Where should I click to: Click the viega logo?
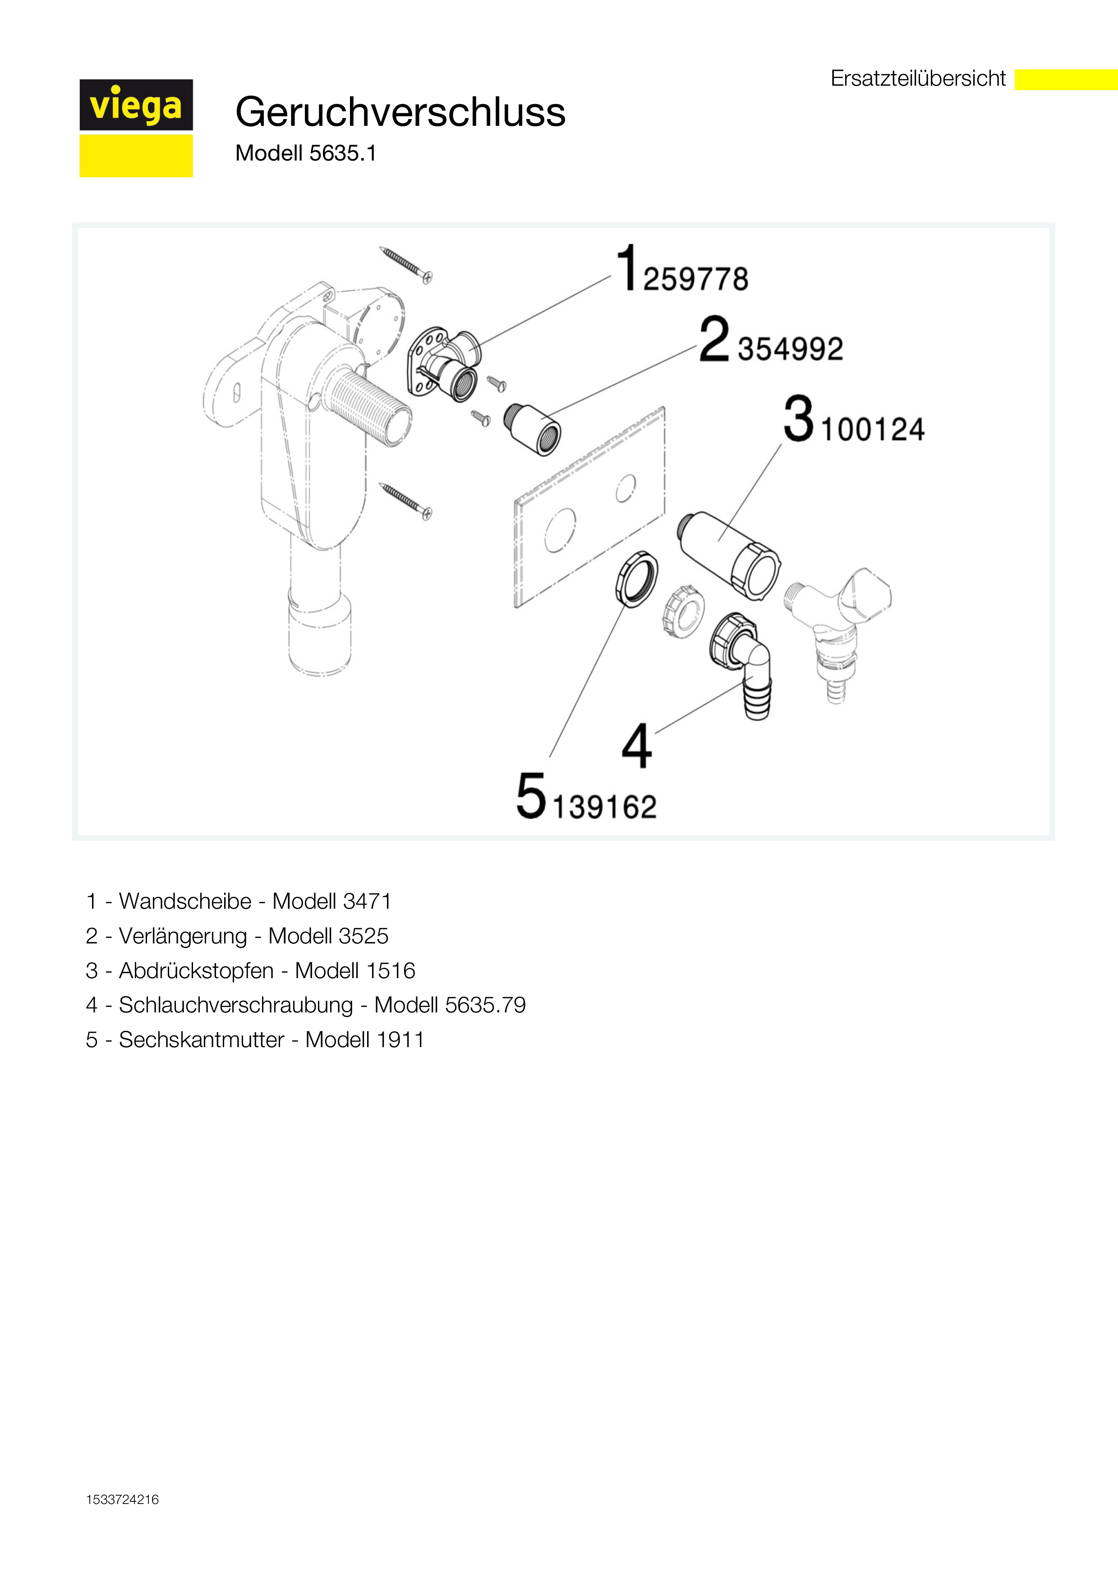coord(136,128)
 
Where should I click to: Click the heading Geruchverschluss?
coord(400,112)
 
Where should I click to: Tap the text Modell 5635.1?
coord(306,153)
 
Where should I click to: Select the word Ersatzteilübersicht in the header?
coord(918,78)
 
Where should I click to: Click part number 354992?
coord(790,349)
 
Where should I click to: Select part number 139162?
coord(604,807)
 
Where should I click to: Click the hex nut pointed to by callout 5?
coord(636,578)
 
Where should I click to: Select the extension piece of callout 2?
coord(533,430)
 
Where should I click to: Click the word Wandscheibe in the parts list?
coord(185,901)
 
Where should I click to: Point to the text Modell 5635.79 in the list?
coord(450,1005)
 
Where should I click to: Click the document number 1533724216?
coord(123,1499)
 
